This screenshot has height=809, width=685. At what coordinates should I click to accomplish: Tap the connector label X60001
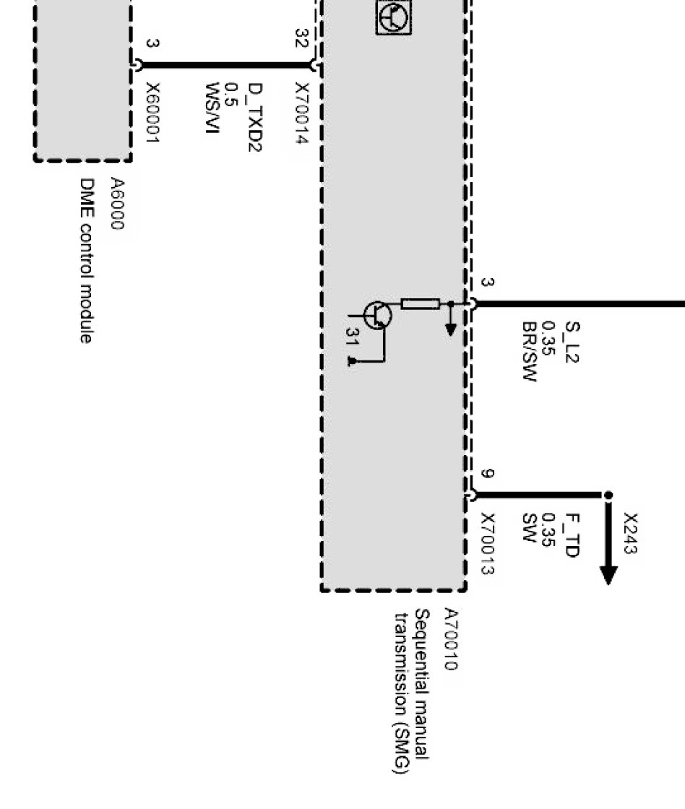(152, 113)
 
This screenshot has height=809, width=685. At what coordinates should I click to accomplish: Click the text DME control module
(86, 261)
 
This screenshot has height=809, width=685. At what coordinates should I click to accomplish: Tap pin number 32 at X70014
(301, 38)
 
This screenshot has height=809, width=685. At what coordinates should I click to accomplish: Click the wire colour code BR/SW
(529, 351)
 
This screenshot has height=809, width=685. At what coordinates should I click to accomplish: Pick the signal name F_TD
(572, 535)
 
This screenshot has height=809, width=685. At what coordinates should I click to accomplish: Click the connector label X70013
(487, 544)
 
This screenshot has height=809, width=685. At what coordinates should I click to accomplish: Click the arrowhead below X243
(608, 574)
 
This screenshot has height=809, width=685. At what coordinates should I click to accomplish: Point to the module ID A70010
(450, 639)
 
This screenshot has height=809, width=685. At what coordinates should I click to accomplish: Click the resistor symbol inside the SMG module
(420, 304)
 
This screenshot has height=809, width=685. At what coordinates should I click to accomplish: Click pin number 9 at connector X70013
(488, 475)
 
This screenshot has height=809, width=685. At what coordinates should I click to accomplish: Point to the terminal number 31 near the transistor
(352, 337)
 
